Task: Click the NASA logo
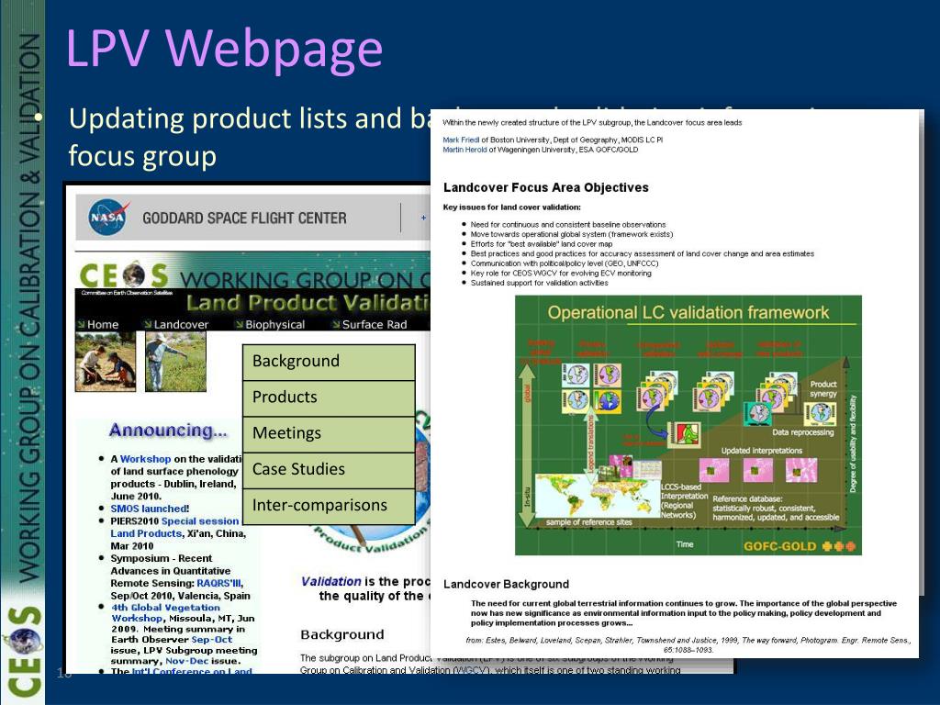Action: (x=107, y=218)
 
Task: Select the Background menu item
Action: (x=296, y=361)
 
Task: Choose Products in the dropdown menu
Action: (x=285, y=397)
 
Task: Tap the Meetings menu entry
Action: (x=286, y=432)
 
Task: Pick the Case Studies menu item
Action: (x=298, y=469)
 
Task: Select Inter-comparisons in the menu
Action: (x=319, y=505)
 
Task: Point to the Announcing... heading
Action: (x=168, y=430)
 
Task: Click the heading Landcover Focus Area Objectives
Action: (x=545, y=187)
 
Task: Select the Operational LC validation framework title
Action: (x=688, y=313)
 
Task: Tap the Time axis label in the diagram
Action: (x=685, y=544)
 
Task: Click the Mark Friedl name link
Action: (x=463, y=140)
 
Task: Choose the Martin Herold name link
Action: (x=465, y=149)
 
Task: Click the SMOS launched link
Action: (x=149, y=508)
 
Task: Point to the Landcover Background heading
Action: (x=506, y=584)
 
